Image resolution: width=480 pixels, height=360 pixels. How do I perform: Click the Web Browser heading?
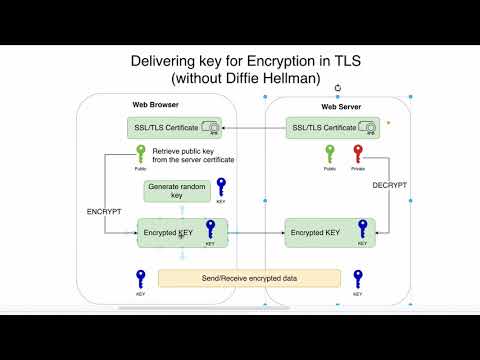(x=156, y=106)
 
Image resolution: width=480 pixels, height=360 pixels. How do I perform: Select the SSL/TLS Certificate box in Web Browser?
(x=176, y=128)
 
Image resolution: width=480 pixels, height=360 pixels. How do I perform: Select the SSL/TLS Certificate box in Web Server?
(x=331, y=128)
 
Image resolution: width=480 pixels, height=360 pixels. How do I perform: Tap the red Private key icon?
(x=358, y=155)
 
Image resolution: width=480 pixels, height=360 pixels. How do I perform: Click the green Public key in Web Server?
(x=329, y=155)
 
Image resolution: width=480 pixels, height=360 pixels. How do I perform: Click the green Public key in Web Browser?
(x=142, y=155)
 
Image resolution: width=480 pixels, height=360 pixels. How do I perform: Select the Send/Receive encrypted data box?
(x=249, y=277)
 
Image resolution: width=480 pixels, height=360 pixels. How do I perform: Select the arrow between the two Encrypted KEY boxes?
(x=256, y=233)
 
